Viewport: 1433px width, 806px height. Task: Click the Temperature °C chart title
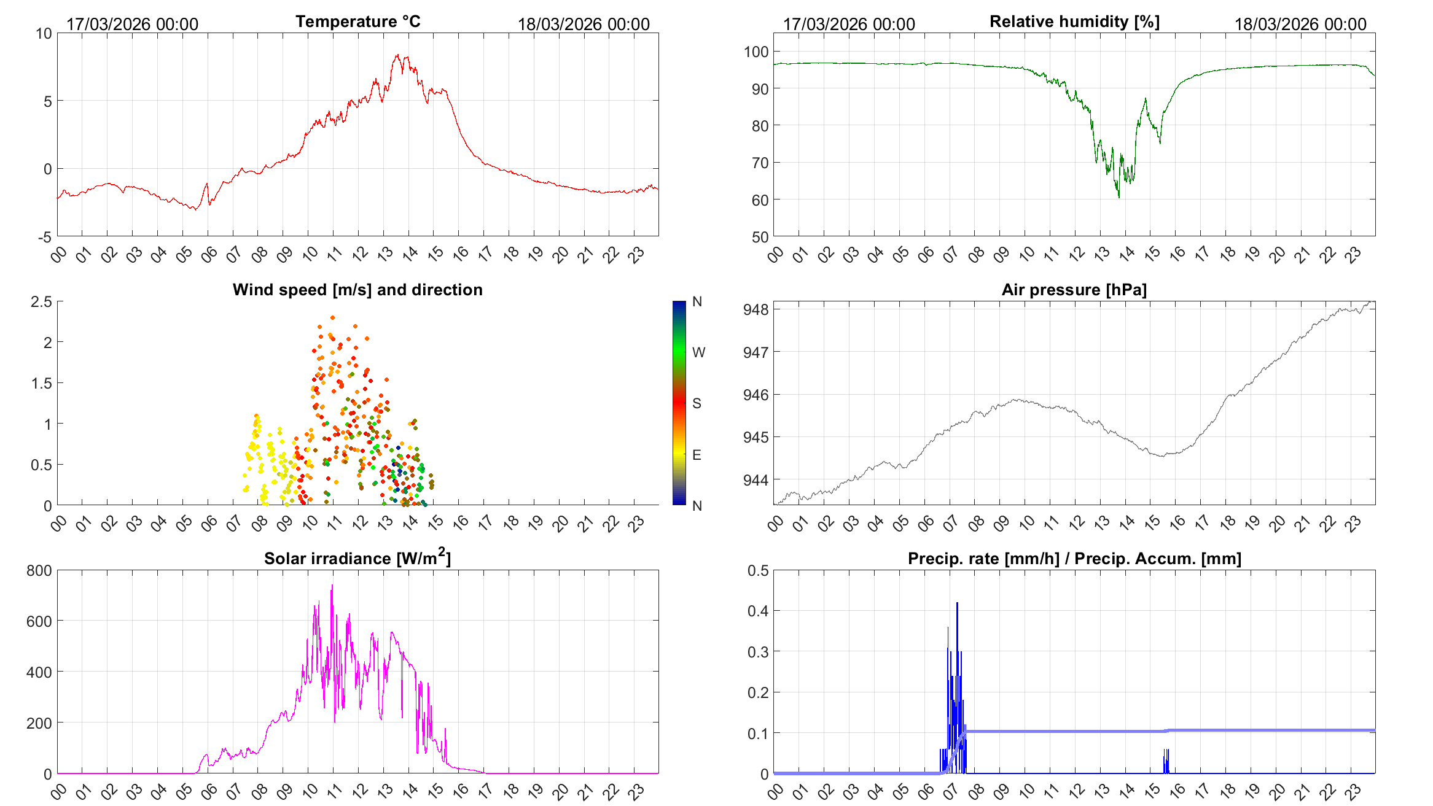pos(358,21)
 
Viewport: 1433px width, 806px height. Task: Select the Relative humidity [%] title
pos(1074,21)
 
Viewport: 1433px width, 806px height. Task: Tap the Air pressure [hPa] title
pos(1074,290)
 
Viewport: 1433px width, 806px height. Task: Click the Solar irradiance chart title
pos(357,558)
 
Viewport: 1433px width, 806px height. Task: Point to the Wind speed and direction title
pos(357,290)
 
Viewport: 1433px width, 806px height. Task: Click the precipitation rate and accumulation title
pos(1074,559)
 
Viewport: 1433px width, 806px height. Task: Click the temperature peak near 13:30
pos(397,56)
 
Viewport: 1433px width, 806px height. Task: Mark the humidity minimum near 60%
pos(1119,197)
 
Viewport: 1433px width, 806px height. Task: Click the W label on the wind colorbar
pos(698,352)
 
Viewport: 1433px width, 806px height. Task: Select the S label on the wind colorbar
pos(697,403)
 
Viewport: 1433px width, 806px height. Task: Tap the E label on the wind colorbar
pos(697,455)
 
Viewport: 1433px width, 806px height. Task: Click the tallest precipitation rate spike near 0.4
pos(957,603)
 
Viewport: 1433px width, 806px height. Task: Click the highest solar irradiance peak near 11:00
pos(332,586)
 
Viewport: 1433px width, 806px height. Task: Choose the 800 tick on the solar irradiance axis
pos(39,570)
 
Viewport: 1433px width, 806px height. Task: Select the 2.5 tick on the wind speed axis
pos(42,301)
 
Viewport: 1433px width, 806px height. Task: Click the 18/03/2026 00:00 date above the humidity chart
pos(1300,24)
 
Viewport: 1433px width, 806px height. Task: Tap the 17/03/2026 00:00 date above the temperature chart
pos(132,24)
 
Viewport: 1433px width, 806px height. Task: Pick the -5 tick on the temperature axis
pos(45,237)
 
